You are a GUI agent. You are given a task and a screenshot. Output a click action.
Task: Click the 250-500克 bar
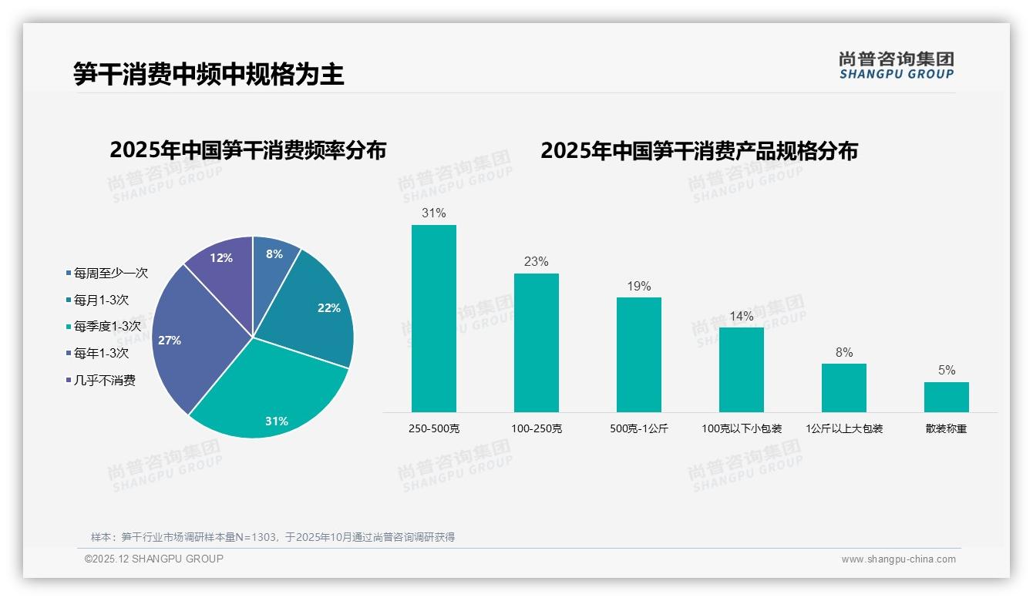433,318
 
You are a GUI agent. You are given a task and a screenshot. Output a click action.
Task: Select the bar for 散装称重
946,397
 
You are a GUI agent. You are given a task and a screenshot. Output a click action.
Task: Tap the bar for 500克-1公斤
638,354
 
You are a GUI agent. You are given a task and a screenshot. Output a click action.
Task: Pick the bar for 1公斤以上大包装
843,388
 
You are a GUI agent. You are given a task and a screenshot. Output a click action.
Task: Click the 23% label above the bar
536,262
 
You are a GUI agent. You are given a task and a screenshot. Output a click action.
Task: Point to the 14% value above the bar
741,316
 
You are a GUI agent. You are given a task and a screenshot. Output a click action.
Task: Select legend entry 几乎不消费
104,380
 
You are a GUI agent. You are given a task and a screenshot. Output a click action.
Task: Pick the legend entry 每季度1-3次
107,327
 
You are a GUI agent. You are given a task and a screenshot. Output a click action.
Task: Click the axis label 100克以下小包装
742,428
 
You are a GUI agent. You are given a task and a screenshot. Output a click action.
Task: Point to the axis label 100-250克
537,428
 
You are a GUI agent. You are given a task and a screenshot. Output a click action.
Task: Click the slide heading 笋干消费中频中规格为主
208,74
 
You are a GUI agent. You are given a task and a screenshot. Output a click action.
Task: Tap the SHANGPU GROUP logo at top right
896,65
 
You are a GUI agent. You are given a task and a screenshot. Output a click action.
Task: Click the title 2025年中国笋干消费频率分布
247,149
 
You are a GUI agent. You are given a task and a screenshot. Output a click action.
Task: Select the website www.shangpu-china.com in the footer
898,559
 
